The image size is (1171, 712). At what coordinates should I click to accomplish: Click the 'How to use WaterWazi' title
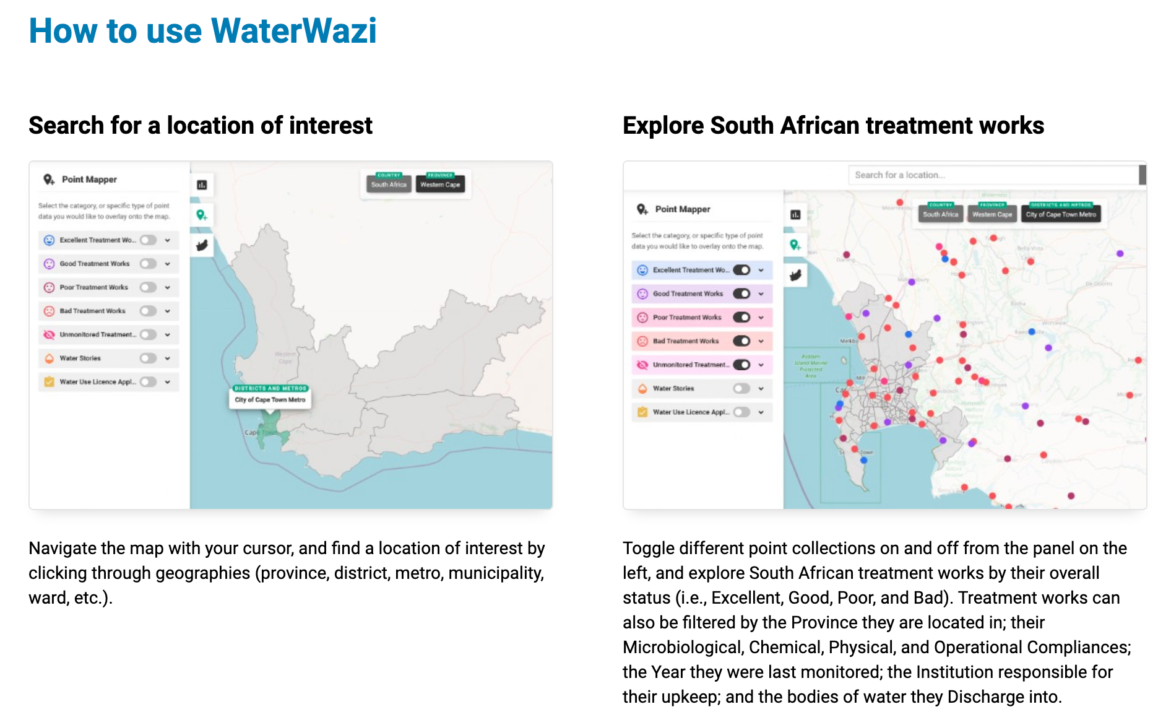(x=202, y=31)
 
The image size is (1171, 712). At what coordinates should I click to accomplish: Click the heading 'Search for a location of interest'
(x=201, y=126)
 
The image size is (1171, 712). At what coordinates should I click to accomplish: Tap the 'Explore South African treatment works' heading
(x=833, y=126)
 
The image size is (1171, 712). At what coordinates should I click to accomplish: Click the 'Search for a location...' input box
(x=993, y=175)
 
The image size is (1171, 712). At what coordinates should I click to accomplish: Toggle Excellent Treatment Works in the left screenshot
(x=148, y=240)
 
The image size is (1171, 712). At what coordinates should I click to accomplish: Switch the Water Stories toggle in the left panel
(x=148, y=358)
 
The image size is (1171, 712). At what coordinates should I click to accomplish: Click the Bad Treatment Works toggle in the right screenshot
(x=741, y=341)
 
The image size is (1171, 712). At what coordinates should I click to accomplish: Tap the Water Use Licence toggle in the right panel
(x=741, y=412)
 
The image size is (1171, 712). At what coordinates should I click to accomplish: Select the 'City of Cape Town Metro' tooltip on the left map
(x=270, y=400)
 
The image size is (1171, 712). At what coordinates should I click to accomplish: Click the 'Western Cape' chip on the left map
(x=440, y=185)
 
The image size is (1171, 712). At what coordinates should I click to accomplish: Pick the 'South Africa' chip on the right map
(x=940, y=215)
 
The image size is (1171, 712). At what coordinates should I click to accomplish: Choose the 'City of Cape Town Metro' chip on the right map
(x=1061, y=215)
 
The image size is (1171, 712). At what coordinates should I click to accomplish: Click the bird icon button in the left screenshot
(x=202, y=246)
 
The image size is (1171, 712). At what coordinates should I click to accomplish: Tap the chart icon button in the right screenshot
(x=795, y=215)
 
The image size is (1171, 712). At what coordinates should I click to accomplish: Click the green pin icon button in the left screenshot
(x=202, y=215)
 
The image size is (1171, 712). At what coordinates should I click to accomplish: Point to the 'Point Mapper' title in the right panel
(x=682, y=209)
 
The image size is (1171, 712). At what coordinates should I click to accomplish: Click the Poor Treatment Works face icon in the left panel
(x=49, y=287)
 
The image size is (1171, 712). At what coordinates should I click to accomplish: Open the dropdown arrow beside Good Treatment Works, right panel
(x=761, y=294)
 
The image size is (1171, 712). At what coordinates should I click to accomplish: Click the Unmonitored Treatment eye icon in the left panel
(x=49, y=335)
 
